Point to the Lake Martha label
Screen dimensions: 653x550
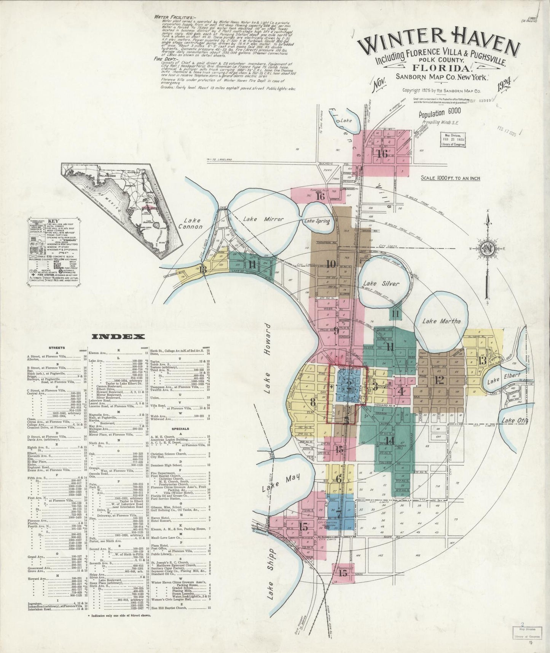(442, 321)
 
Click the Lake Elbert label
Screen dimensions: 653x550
(499, 381)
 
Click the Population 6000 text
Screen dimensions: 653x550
(440, 113)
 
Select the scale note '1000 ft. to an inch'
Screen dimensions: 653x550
(450, 178)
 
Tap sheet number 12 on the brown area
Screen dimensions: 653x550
(439, 379)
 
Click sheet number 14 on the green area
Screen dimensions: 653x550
(389, 440)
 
